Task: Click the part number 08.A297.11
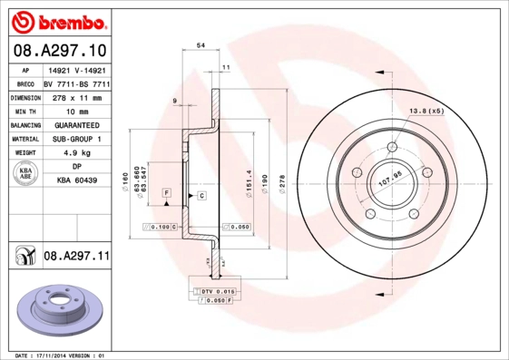[x=76, y=258]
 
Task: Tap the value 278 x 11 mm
[x=76, y=97]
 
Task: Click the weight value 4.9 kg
[x=76, y=153]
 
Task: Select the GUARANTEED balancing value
[x=76, y=125]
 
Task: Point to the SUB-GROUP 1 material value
[x=76, y=139]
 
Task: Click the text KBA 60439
[x=76, y=181]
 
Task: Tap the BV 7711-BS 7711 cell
[x=76, y=83]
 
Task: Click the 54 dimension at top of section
[x=201, y=44]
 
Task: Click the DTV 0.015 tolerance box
[x=219, y=289]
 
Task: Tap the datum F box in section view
[x=167, y=194]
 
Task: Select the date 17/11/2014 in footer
[x=63, y=355]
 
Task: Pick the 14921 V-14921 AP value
[x=76, y=69]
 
